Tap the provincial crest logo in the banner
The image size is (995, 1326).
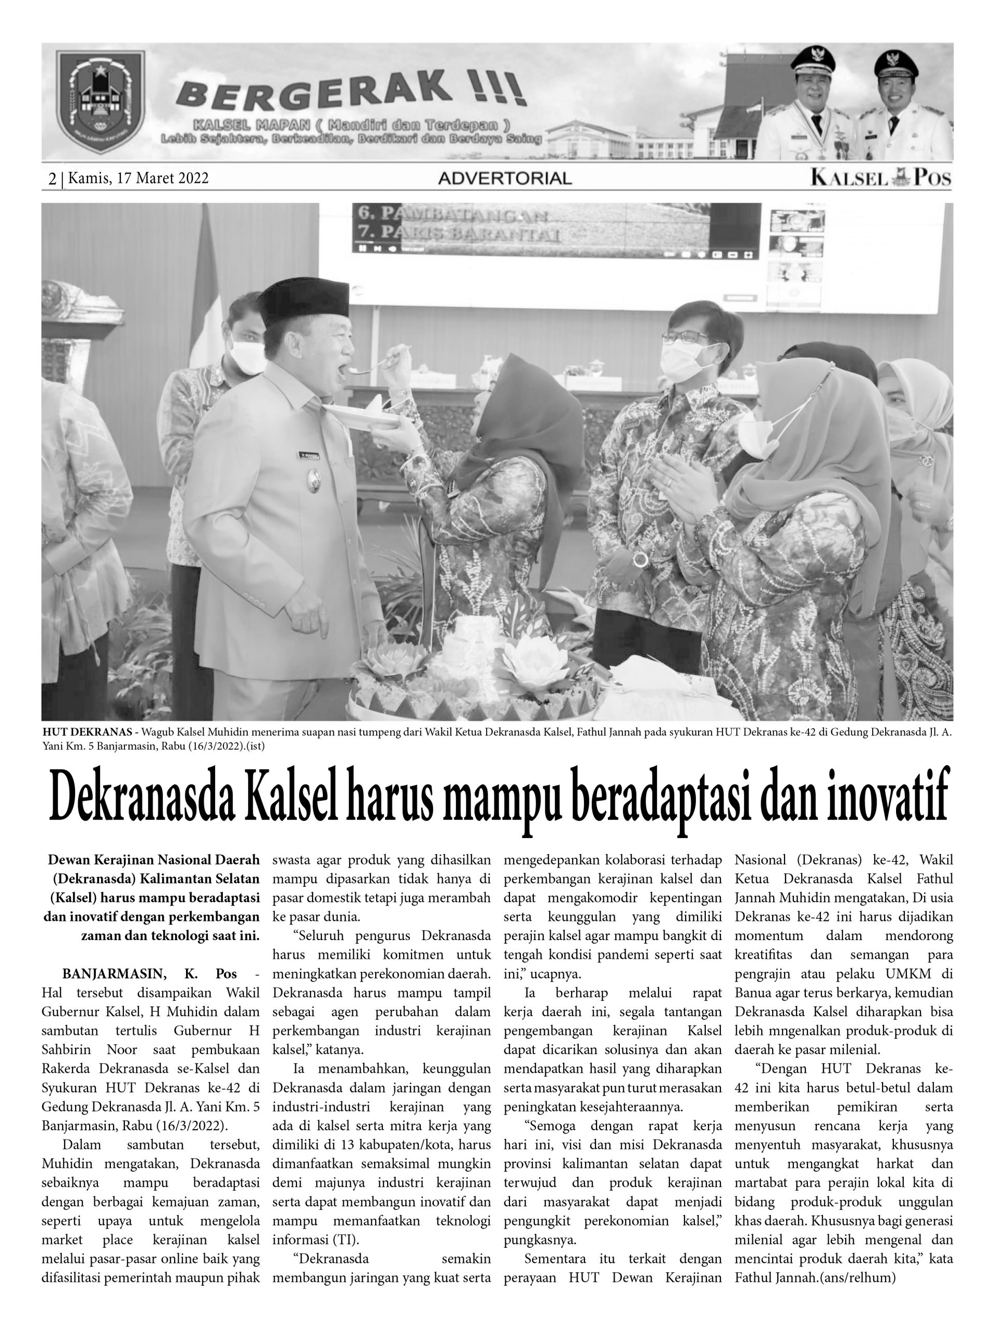[99, 102]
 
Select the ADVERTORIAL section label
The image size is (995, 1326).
[504, 178]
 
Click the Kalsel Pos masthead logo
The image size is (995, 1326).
[880, 178]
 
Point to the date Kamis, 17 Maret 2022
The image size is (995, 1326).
[138, 178]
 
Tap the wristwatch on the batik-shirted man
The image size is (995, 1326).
[641, 559]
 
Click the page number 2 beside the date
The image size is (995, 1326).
[53, 178]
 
